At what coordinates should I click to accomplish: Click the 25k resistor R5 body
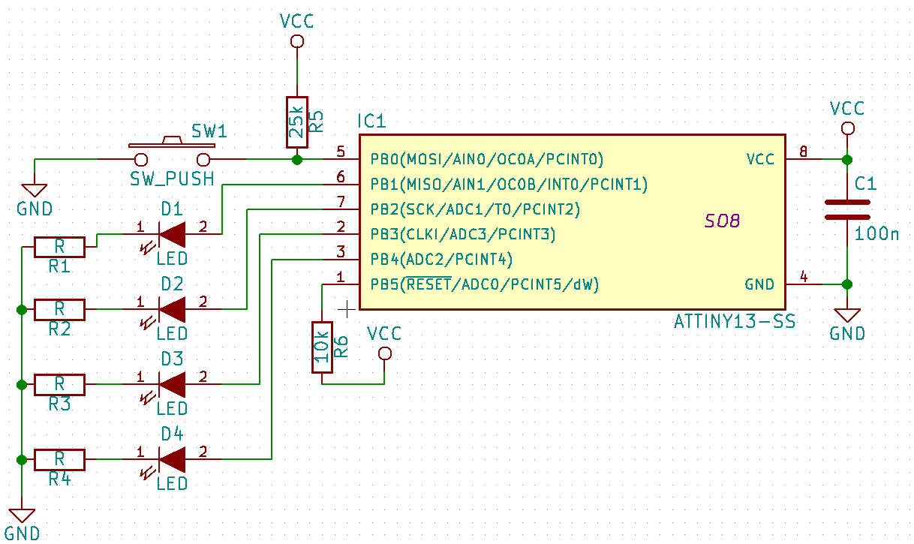coord(296,122)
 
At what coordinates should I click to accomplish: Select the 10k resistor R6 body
coord(322,347)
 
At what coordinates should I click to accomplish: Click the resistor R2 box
coord(59,308)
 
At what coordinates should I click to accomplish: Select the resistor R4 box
coord(59,458)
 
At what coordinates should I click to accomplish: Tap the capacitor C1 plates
coord(847,209)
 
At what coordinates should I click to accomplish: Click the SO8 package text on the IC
coord(722,221)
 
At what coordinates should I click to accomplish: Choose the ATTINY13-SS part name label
coord(735,323)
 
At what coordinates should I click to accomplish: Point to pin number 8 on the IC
coord(804,152)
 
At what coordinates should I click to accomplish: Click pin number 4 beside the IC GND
coord(804,277)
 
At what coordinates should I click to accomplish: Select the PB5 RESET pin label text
coord(484,284)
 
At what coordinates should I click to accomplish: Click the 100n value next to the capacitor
coord(876,233)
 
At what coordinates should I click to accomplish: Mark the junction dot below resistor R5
coord(296,159)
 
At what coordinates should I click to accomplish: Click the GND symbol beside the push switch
coord(35,191)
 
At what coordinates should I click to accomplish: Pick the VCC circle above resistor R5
coord(296,41)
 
